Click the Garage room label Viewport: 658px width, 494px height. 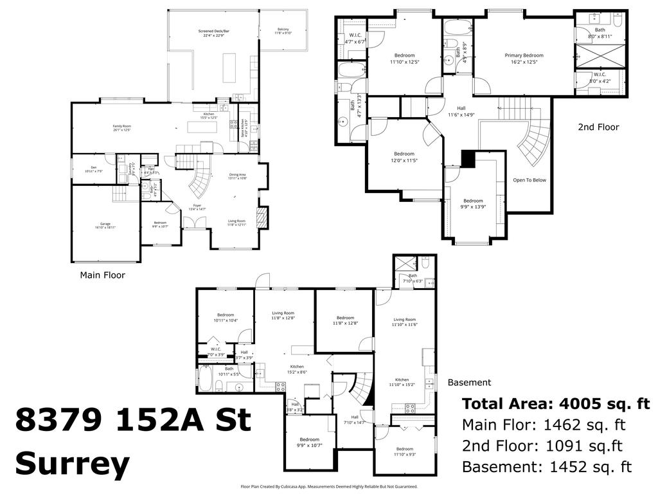click(105, 224)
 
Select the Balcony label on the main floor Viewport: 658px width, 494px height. click(283, 29)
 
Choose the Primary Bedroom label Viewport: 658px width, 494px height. click(524, 55)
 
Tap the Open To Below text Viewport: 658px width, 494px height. click(529, 180)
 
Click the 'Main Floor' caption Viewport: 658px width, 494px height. click(102, 275)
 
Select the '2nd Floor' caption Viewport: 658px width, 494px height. click(598, 127)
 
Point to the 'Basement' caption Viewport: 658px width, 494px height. click(469, 382)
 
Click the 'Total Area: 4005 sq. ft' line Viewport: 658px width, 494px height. click(556, 404)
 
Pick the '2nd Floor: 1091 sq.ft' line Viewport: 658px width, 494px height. click(542, 446)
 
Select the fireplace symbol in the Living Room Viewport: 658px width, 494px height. click(261, 217)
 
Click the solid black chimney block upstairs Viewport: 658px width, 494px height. click(467, 158)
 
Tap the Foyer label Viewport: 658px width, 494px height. click(197, 205)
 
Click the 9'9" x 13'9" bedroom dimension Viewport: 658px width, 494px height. click(473, 208)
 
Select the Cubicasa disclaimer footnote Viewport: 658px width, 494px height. click(328, 487)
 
